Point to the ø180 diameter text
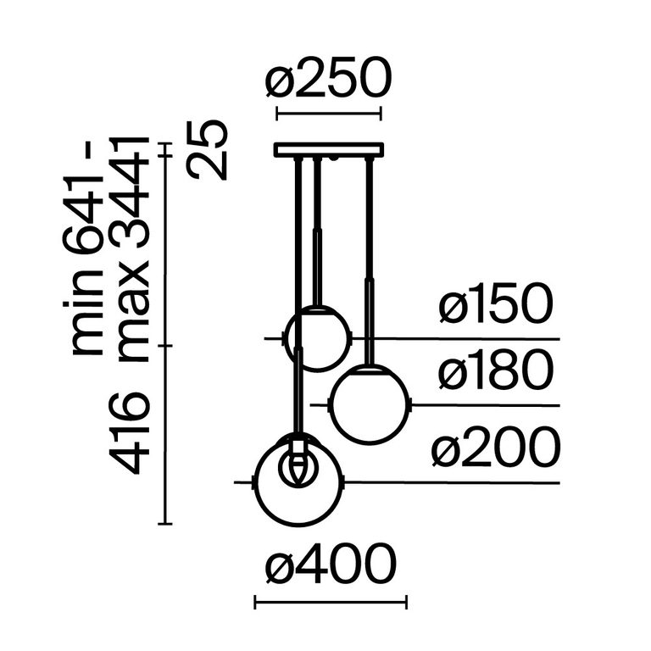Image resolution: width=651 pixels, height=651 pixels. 496,373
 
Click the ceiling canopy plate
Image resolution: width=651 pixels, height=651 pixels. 328,150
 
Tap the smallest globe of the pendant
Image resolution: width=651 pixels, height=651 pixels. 317,339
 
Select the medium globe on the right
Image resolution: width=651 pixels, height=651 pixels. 369,404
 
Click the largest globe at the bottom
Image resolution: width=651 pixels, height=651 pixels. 298,482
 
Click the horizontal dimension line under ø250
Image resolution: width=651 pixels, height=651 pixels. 328,112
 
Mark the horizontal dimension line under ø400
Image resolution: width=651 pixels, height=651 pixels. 331,603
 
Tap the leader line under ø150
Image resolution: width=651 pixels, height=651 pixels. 458,339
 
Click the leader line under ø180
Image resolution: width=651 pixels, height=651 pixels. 483,405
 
